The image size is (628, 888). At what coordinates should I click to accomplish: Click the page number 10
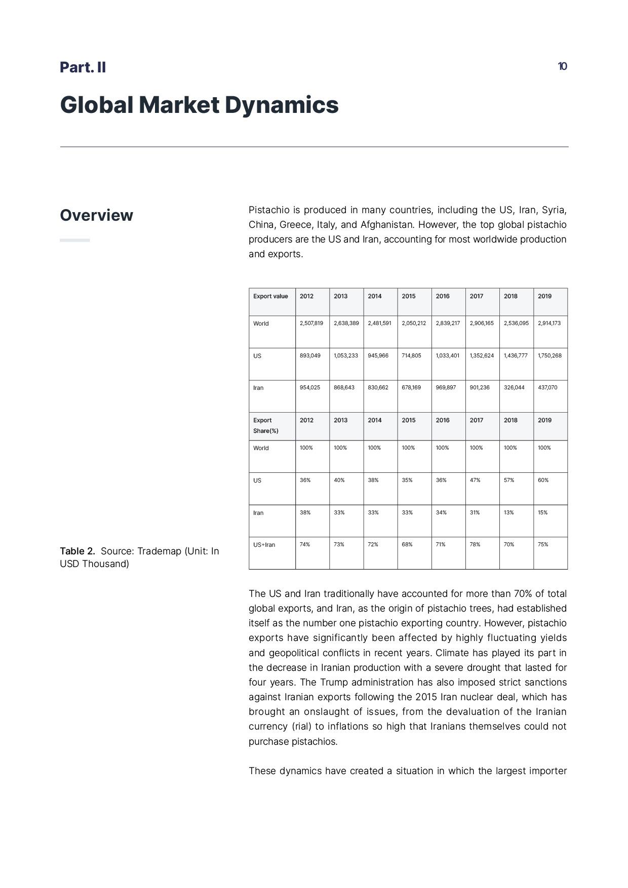[x=562, y=66]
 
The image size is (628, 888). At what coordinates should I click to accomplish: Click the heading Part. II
[x=83, y=67]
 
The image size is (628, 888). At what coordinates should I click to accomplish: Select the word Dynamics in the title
[x=282, y=105]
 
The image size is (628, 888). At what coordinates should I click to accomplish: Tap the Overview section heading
[x=96, y=215]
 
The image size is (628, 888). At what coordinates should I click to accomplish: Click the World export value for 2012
[x=311, y=323]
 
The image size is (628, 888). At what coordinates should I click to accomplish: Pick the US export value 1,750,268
[x=549, y=355]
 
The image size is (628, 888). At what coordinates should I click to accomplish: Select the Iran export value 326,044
[x=514, y=387]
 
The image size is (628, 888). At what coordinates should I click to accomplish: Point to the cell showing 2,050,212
[x=414, y=323]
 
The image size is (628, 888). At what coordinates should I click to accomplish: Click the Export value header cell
[x=270, y=296]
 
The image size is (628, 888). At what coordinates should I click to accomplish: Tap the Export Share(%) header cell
[x=266, y=425]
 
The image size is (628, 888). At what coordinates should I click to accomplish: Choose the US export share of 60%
[x=543, y=480]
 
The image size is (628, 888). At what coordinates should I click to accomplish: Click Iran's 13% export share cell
[x=508, y=512]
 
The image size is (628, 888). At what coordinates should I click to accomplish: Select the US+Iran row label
[x=264, y=545]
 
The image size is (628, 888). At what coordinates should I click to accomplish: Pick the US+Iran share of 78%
[x=475, y=544]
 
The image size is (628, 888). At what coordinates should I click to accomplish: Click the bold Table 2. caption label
[x=77, y=551]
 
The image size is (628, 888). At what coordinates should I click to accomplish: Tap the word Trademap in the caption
[x=159, y=551]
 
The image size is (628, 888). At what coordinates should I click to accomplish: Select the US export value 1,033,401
[x=448, y=355]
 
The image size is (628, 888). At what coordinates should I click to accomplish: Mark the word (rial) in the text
[x=301, y=726]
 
